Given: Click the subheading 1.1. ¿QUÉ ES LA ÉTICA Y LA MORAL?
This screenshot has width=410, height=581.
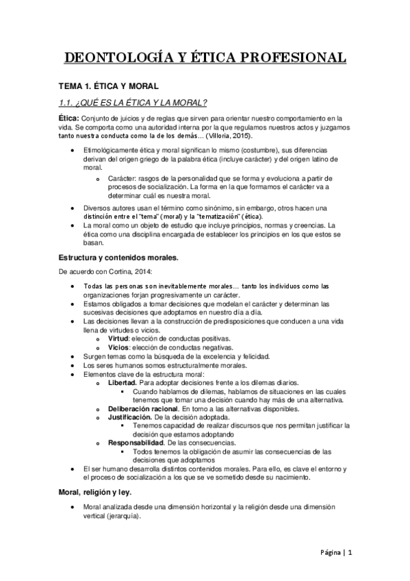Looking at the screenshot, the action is pyautogui.click(x=132, y=103).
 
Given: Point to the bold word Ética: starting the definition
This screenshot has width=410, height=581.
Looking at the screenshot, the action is pyautogui.click(x=68, y=119).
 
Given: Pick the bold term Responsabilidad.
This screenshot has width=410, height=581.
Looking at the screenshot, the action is pyautogui.click(x=136, y=443).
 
